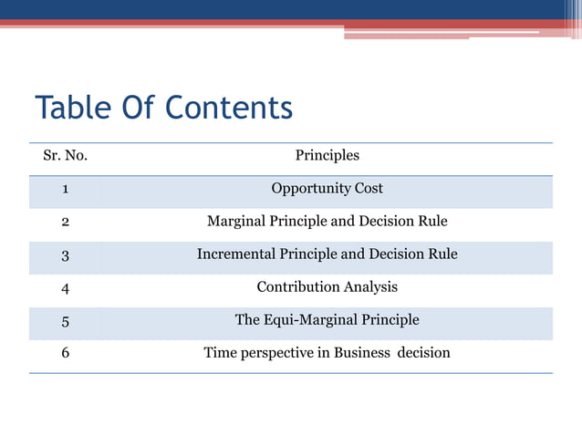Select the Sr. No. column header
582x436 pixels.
pos(65,156)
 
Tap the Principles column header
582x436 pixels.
pos(327,156)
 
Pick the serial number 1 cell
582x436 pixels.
pos(65,190)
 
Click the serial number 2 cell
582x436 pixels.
pos(65,222)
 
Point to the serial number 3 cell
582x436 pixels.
pos(65,255)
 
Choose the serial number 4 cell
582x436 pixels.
pos(65,288)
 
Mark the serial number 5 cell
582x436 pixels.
pos(65,321)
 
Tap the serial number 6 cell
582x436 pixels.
pos(65,353)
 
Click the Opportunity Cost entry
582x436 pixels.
pos(327,189)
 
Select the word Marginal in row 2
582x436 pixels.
pos(239,222)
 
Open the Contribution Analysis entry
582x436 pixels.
pos(327,287)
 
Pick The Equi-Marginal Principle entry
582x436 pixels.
pos(327,320)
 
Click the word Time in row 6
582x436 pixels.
pos(220,353)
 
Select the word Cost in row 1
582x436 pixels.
pos(368,189)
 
